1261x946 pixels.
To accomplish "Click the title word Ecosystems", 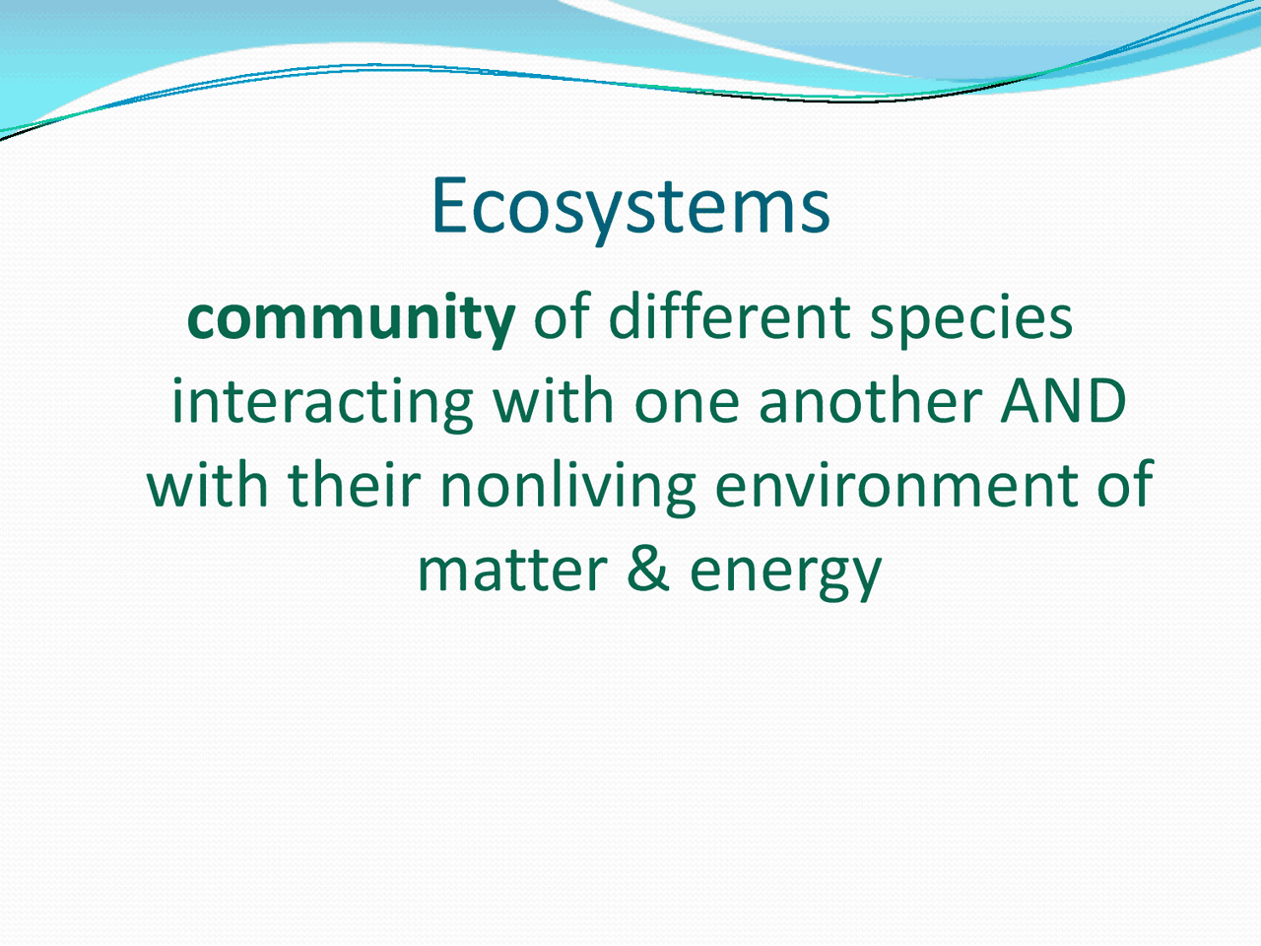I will click(630, 207).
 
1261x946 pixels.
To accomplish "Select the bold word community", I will click(351, 318).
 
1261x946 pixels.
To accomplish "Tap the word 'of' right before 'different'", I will click(561, 317).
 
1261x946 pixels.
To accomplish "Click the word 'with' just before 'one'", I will click(553, 401).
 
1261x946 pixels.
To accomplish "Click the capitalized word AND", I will click(1064, 402).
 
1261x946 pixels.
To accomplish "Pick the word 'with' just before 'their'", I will click(208, 486).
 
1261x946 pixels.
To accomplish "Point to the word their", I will click(354, 486).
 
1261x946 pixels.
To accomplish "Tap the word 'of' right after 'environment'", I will click(1124, 486).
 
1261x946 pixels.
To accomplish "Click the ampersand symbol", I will click(648, 571).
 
